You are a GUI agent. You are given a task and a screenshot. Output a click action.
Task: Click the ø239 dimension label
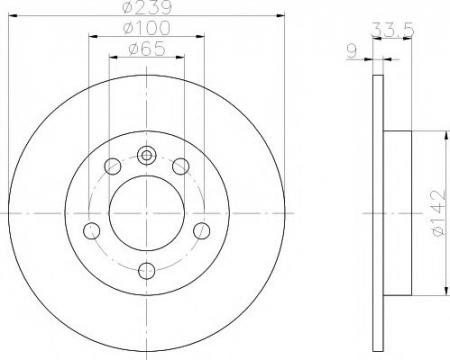(147, 7)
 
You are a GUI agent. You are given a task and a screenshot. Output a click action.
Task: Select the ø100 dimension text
(147, 28)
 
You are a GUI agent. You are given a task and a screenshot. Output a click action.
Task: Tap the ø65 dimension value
(147, 49)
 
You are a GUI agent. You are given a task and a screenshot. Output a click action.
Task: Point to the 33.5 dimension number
(393, 30)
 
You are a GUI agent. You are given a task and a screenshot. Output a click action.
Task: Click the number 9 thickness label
(352, 51)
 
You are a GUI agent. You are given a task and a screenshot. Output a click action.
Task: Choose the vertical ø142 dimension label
(439, 213)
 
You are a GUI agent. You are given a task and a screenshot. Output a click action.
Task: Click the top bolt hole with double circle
(147, 156)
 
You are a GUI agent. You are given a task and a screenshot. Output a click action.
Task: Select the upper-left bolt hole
(112, 166)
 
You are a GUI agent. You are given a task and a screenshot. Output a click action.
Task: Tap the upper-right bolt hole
(181, 166)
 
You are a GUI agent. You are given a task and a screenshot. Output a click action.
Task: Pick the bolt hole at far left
(91, 231)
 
